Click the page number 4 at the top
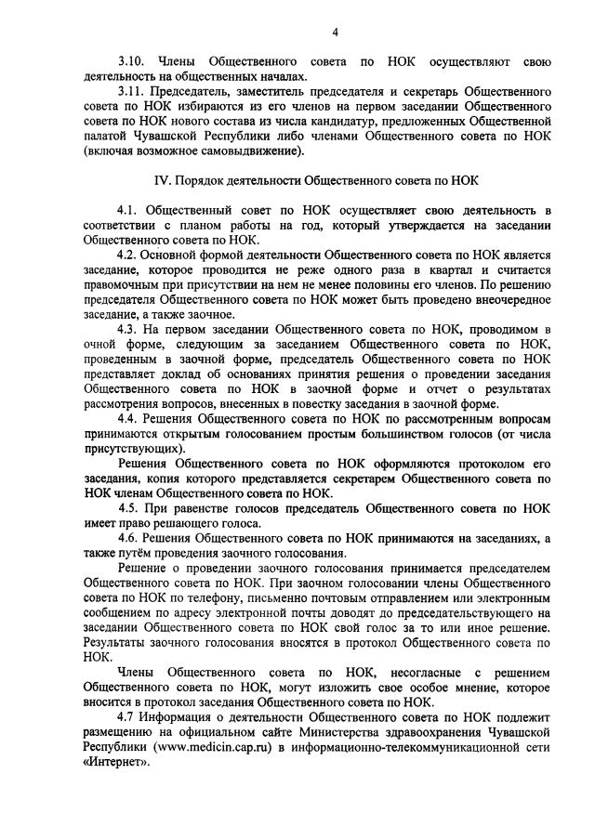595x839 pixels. click(x=336, y=34)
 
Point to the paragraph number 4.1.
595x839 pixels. click(x=127, y=211)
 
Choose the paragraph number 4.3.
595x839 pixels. click(x=127, y=330)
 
